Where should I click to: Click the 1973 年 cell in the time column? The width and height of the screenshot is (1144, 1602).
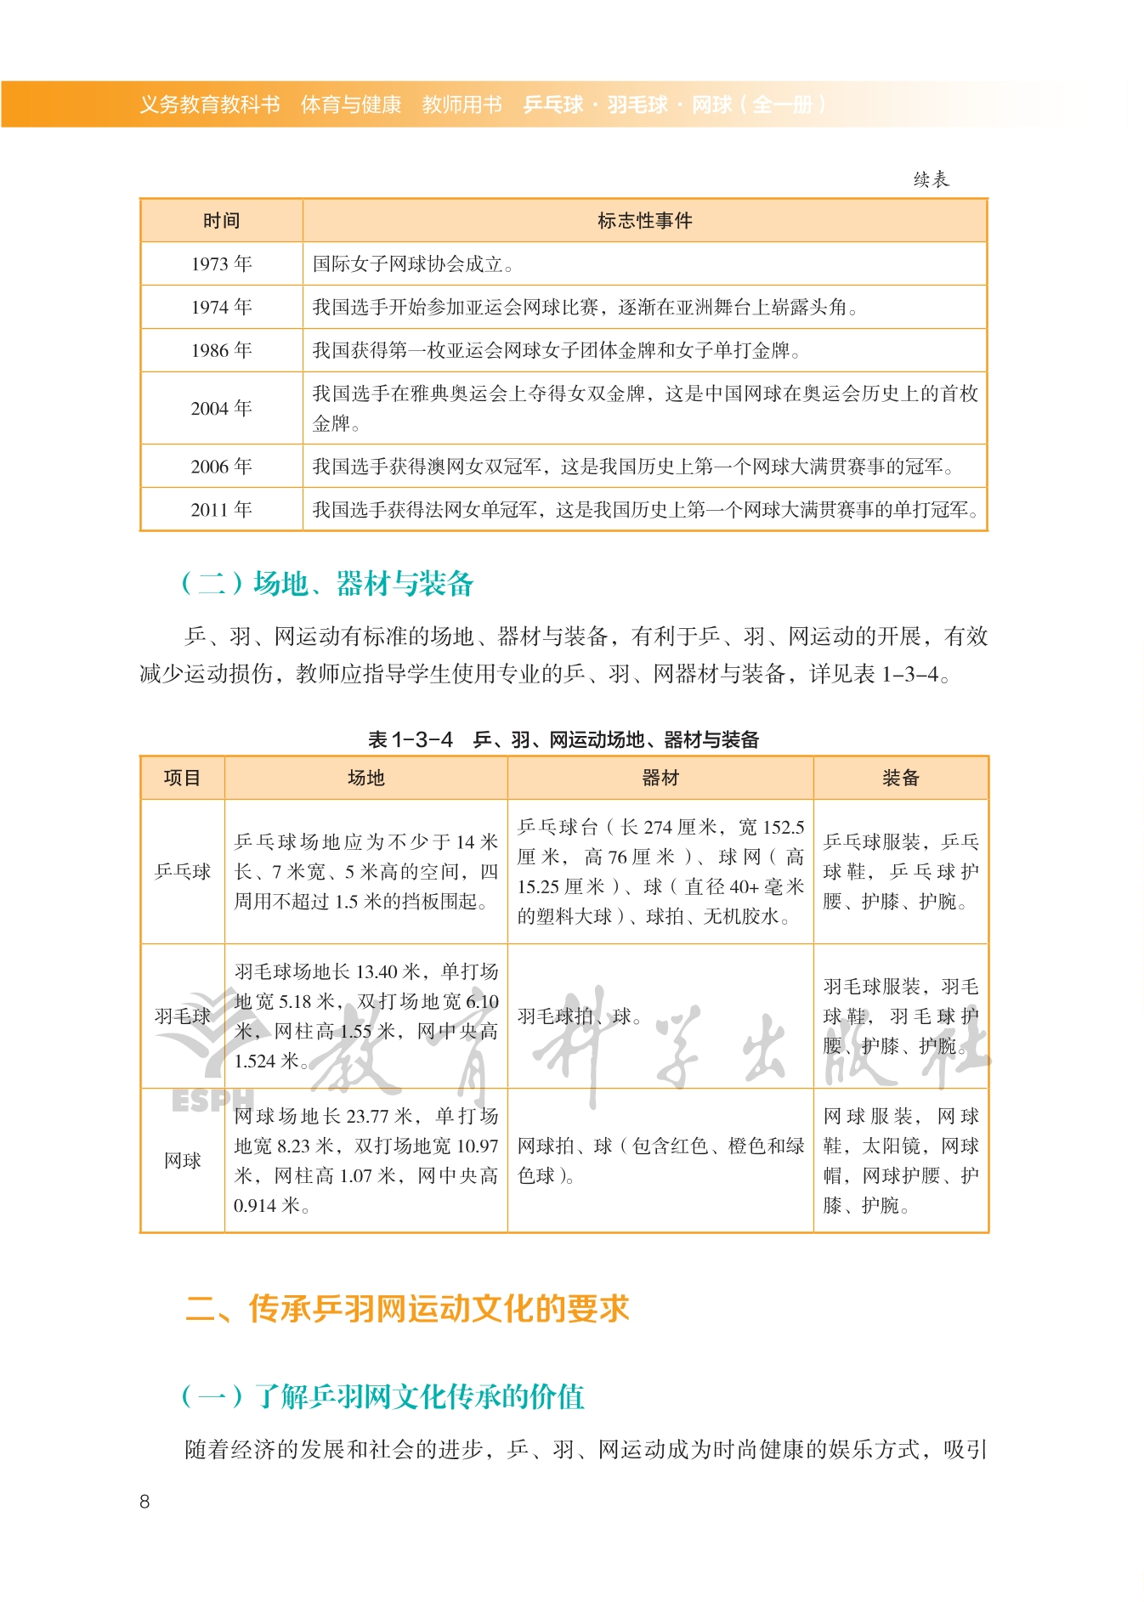pyautogui.click(x=221, y=263)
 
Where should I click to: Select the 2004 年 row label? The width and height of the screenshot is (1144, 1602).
pyautogui.click(x=221, y=408)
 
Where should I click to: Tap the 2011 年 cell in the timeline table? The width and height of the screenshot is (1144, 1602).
pyautogui.click(x=221, y=509)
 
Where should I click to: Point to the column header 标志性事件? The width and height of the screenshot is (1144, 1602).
pyautogui.click(x=644, y=221)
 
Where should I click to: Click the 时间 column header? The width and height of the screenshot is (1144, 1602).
pyautogui.click(x=221, y=221)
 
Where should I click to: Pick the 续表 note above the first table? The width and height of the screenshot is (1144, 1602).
pyautogui.click(x=931, y=179)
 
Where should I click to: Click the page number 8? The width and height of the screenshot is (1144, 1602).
pyautogui.click(x=144, y=1502)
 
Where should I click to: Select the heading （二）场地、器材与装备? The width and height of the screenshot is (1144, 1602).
pyautogui.click(x=327, y=584)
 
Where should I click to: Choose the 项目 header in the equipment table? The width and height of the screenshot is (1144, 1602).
pyautogui.click(x=182, y=778)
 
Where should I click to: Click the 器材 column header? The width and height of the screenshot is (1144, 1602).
pyautogui.click(x=660, y=778)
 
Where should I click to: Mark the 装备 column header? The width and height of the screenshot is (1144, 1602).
pyautogui.click(x=900, y=778)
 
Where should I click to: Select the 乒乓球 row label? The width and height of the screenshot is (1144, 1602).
pyautogui.click(x=182, y=871)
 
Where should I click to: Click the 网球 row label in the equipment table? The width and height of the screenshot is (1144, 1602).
pyautogui.click(x=182, y=1160)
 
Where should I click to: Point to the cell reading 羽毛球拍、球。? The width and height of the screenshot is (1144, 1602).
pyautogui.click(x=580, y=1016)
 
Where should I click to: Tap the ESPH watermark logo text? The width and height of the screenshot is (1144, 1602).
pyautogui.click(x=212, y=1101)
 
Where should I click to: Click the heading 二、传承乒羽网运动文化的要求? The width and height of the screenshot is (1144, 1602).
pyautogui.click(x=407, y=1309)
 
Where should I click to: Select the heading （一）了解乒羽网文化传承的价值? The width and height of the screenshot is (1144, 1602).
pyautogui.click(x=382, y=1396)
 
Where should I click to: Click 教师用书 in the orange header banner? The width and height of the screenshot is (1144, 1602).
pyautogui.click(x=462, y=105)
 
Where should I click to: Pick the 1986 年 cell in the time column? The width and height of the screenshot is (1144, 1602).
pyautogui.click(x=221, y=350)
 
